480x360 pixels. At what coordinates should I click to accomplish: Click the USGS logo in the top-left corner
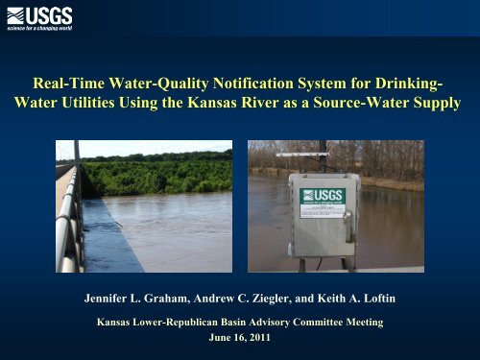38,16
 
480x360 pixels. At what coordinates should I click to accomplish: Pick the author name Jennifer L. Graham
140,299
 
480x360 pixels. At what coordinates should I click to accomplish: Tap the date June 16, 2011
240,337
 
